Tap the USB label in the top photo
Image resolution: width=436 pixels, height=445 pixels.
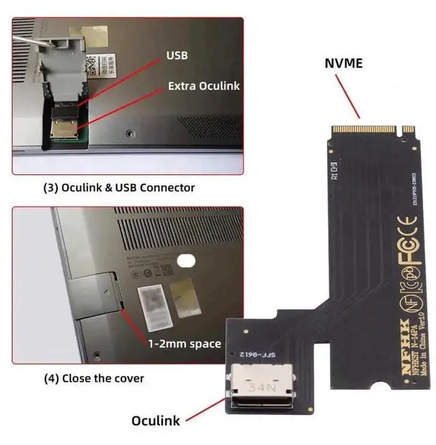(178, 54)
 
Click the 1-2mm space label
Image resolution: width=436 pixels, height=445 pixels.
(185, 344)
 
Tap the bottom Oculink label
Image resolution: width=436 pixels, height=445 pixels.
(156, 421)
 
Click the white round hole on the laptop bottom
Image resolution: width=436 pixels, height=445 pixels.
(184, 261)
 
